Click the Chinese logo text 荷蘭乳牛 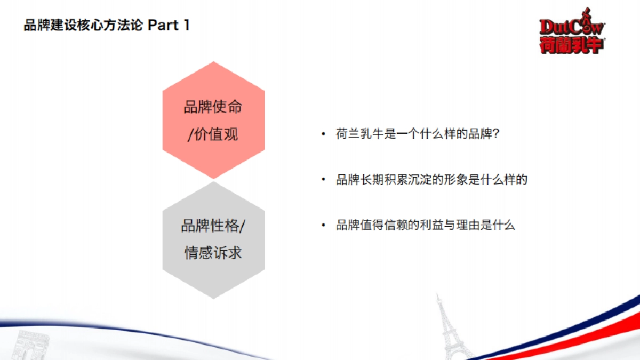(571, 45)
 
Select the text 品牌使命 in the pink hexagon (213, 107)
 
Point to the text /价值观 (213, 134)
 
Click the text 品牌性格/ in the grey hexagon (213, 226)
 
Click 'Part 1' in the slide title (168, 25)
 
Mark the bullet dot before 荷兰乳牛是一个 (323, 134)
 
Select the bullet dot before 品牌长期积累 (323, 180)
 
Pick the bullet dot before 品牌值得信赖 (323, 225)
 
